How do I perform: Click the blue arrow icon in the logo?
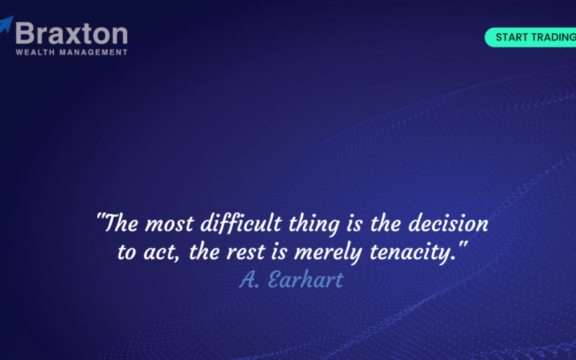click(6, 24)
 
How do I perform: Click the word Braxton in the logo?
click(71, 34)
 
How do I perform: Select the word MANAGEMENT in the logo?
click(94, 52)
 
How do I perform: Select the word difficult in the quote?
click(241, 224)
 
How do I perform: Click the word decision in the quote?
click(448, 223)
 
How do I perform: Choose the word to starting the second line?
click(127, 253)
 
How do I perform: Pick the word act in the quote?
click(159, 253)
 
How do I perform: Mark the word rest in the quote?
click(246, 253)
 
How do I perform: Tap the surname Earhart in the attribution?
click(305, 279)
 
